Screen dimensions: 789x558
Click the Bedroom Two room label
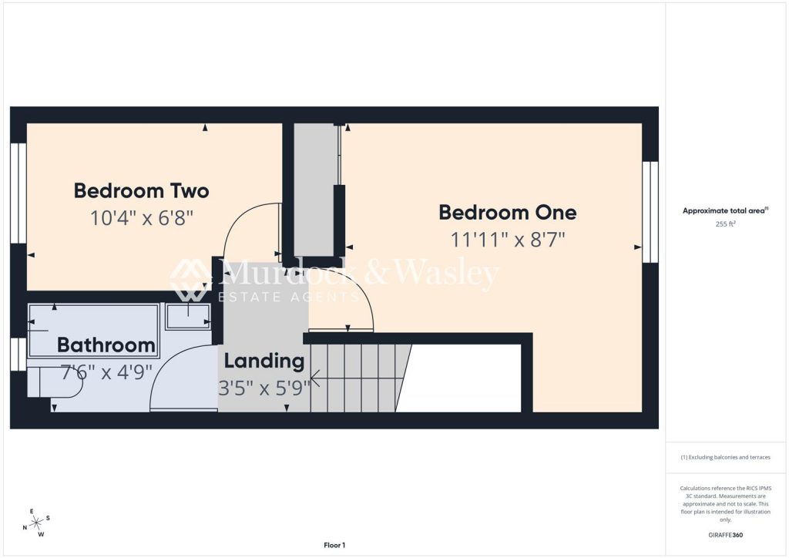142,191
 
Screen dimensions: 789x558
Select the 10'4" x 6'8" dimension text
142,218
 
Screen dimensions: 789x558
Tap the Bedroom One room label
508,212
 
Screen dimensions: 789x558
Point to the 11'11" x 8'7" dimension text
508,240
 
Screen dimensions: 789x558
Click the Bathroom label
106,345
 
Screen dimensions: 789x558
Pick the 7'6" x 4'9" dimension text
106,372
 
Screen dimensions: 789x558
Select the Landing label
264,361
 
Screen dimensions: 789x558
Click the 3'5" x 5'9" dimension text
264,388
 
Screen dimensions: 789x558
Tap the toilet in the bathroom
55,382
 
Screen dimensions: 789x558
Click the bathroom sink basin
188,316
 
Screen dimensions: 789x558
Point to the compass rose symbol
36,523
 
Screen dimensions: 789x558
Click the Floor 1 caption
334,545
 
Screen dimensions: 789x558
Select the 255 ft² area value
725,224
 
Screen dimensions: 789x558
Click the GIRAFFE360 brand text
725,535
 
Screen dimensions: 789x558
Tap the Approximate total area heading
725,211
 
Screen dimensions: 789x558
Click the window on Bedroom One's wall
650,212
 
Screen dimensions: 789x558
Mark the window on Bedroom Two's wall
18,193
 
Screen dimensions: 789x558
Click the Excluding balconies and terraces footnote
725,457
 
